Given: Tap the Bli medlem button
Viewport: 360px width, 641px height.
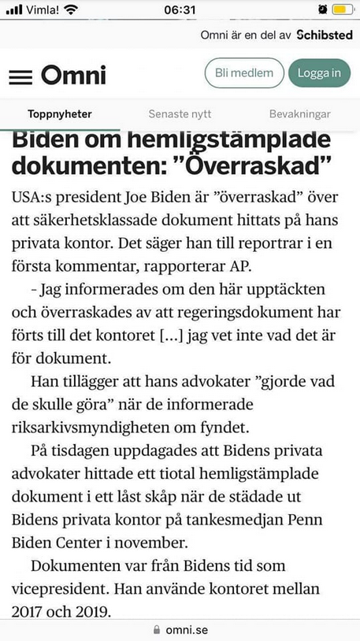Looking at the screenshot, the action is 244,73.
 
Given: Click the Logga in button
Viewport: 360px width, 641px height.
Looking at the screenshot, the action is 319,73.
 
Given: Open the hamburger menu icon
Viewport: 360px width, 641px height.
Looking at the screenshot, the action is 20,76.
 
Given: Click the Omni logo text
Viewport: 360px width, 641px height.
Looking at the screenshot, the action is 73,75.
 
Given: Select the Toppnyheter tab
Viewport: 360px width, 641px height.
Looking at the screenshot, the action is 60,114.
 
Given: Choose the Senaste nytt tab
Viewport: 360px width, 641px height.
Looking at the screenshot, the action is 180,114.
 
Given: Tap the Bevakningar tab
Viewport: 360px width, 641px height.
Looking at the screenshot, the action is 300,114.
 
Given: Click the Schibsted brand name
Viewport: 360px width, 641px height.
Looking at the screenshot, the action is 325,35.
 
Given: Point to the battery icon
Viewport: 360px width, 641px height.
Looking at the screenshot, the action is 343,9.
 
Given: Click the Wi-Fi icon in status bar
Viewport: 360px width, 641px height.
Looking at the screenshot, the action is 72,9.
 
